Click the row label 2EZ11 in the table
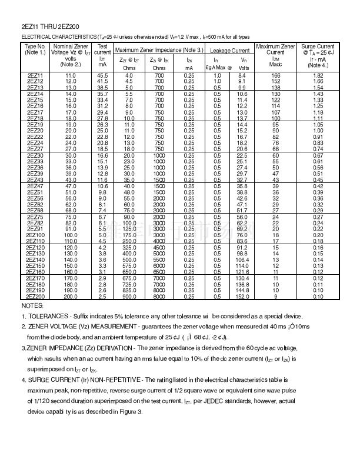pos(35,76)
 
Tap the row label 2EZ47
pos(35,186)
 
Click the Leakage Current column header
pos(230,51)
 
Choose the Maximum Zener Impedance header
pos(159,51)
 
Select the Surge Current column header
pos(318,46)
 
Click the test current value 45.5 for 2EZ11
pos(102,76)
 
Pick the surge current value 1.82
pos(318,76)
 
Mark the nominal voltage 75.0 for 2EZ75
pos(71,217)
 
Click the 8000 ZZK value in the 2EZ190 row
pos(159,291)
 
